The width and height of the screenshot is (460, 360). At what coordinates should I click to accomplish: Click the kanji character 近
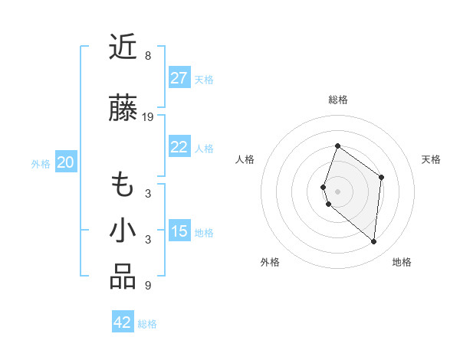[123, 48]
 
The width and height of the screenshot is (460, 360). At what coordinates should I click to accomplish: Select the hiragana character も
[123, 185]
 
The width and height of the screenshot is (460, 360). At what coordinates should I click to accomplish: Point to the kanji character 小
[123, 231]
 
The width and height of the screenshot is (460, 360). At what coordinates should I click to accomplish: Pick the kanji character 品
[123, 277]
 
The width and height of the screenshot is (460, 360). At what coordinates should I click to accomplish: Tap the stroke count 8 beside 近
[148, 56]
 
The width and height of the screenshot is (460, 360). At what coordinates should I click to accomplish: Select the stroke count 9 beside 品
[148, 286]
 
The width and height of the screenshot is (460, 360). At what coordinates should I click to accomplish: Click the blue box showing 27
[179, 78]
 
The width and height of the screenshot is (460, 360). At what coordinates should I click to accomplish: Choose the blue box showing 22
[179, 148]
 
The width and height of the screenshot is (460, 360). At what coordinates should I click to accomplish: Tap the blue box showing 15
[179, 232]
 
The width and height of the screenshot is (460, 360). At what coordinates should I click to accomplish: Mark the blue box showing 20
[66, 162]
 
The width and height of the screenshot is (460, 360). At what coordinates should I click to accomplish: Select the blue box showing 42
[123, 322]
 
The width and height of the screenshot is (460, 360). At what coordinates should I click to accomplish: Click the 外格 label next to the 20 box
[41, 163]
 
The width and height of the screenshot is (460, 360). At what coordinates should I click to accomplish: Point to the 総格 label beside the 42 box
[147, 323]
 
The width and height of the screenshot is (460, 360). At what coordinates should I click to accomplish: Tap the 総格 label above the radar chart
[338, 100]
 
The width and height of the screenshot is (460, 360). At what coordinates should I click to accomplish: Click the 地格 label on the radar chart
[402, 262]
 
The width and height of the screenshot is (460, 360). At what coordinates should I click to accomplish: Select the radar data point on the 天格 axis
[382, 177]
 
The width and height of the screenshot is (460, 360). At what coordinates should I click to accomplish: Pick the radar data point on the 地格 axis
[374, 241]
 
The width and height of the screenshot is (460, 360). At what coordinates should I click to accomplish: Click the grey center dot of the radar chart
[338, 191]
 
